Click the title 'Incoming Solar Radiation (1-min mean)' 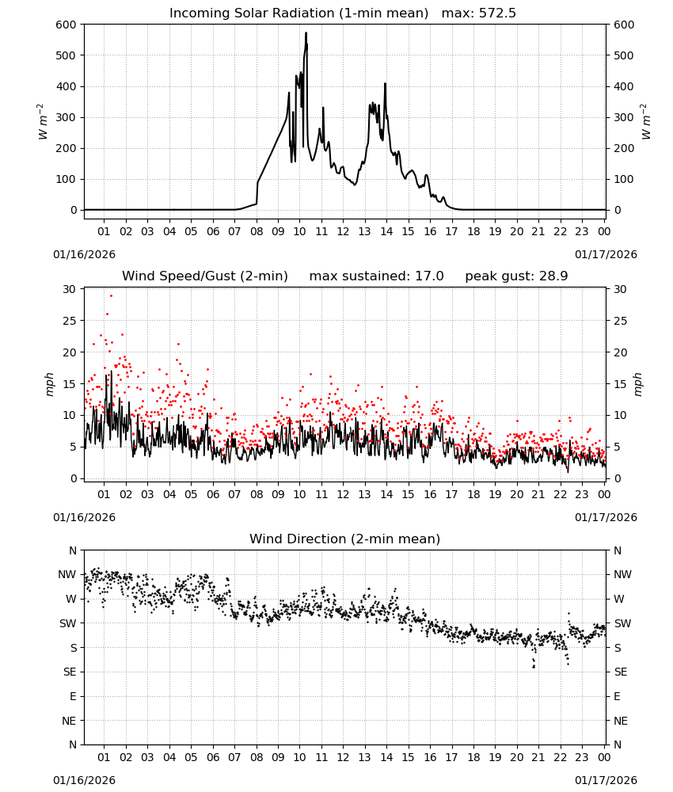(298, 13)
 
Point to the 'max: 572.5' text (479, 13)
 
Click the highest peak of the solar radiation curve (306, 33)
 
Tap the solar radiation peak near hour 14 (385, 85)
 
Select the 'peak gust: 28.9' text (516, 276)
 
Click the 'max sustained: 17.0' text (376, 276)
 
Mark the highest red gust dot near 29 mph (111, 296)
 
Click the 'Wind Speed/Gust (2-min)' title (205, 276)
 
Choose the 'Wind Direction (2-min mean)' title (345, 539)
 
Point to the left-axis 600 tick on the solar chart (67, 25)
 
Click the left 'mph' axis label (49, 384)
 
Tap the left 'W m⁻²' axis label (43, 122)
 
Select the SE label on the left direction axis (70, 672)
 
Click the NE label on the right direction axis (621, 721)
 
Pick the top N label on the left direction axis (73, 550)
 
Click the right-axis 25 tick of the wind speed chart (621, 321)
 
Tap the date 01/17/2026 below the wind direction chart (606, 780)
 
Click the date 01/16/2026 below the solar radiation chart (84, 254)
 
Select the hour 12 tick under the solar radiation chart (343, 231)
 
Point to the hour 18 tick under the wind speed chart (473, 494)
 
